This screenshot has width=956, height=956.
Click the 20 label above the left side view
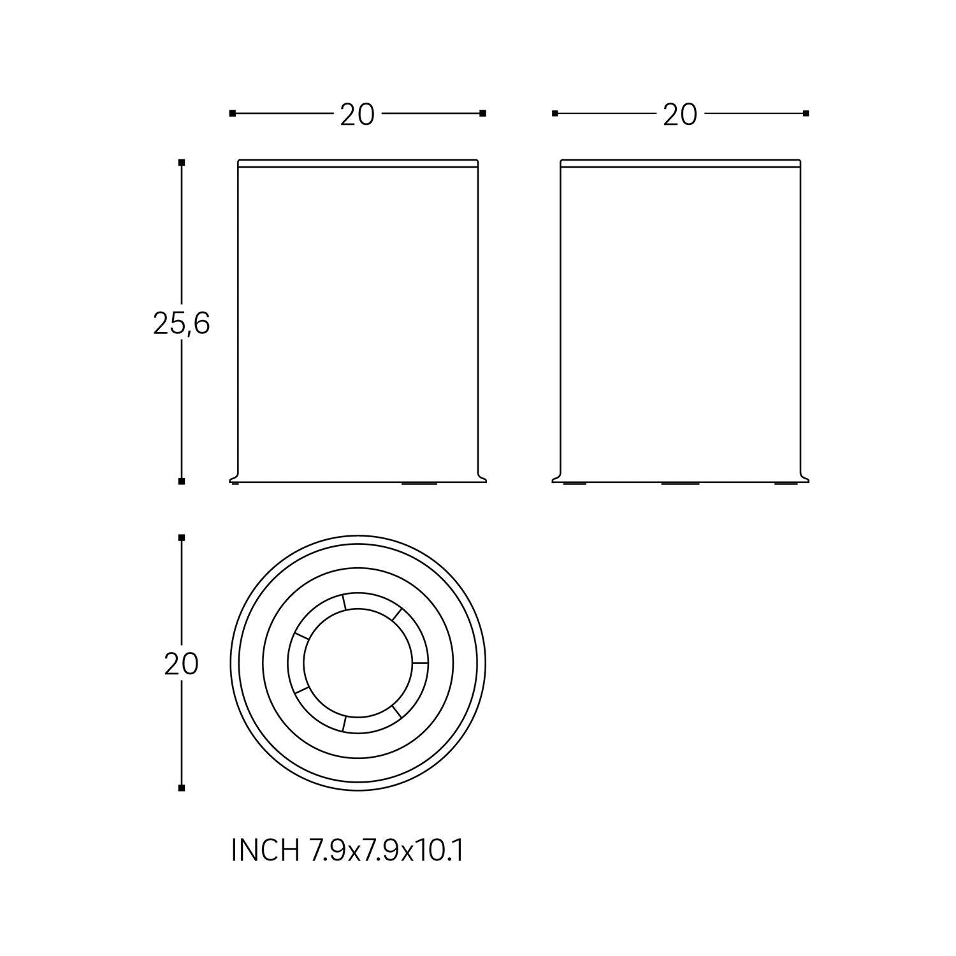[x=357, y=115]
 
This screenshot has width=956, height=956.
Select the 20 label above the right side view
[x=680, y=115]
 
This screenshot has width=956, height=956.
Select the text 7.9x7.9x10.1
[x=386, y=850]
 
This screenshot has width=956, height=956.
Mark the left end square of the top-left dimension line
[x=233, y=113]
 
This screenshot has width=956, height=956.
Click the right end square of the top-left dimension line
[x=483, y=113]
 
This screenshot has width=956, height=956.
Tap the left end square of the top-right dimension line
[x=555, y=113]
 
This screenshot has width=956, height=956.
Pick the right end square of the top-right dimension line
[x=806, y=113]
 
